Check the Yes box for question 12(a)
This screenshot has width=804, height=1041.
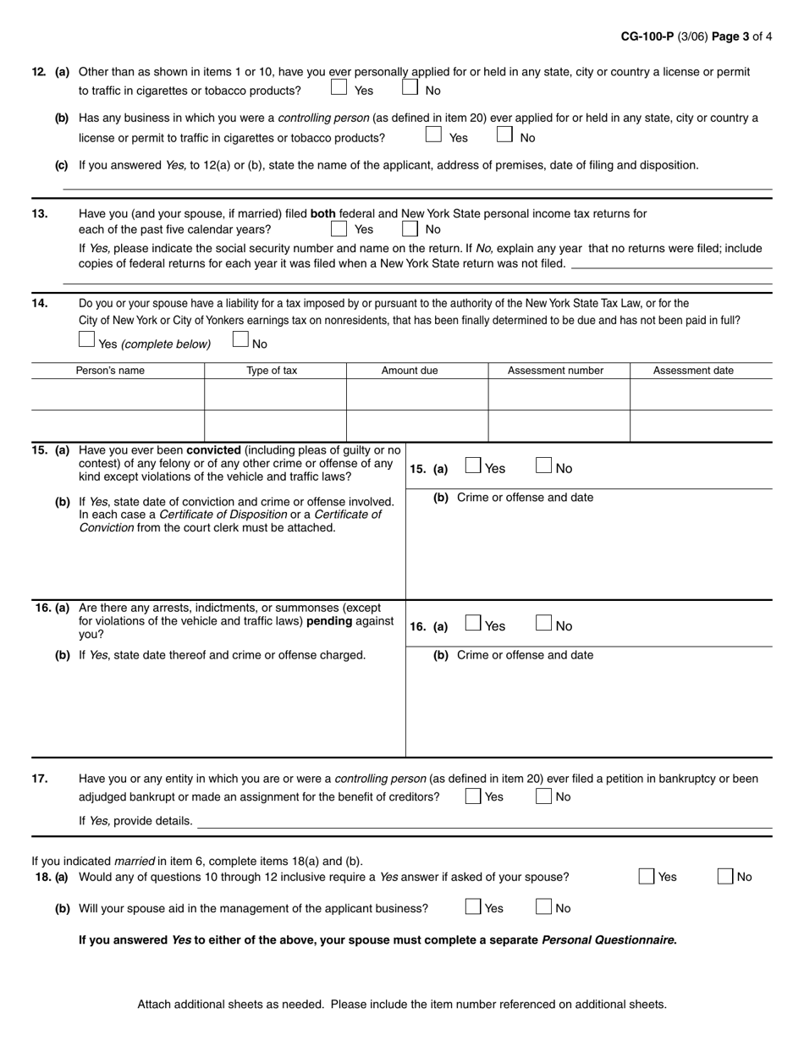pyautogui.click(x=339, y=87)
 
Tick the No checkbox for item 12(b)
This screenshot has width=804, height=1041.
pyautogui.click(x=504, y=134)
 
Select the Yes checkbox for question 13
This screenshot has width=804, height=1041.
pyautogui.click(x=339, y=228)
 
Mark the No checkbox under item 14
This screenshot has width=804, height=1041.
pyautogui.click(x=240, y=340)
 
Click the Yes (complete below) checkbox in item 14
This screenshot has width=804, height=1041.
pyautogui.click(x=86, y=340)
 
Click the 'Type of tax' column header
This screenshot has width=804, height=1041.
pyautogui.click(x=272, y=371)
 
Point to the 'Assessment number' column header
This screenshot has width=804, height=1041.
pyautogui.click(x=555, y=371)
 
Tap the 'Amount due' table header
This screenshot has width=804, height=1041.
pyautogui.click(x=410, y=371)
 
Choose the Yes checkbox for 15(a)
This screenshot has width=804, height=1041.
pyautogui.click(x=474, y=465)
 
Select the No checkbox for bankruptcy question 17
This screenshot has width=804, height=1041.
pyautogui.click(x=544, y=796)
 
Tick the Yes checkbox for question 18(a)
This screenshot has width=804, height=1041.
pyautogui.click(x=647, y=877)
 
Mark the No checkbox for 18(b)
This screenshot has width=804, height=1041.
pyautogui.click(x=544, y=907)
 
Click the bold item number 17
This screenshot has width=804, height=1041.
pyautogui.click(x=40, y=779)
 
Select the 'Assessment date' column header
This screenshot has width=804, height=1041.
pyautogui.click(x=693, y=371)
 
